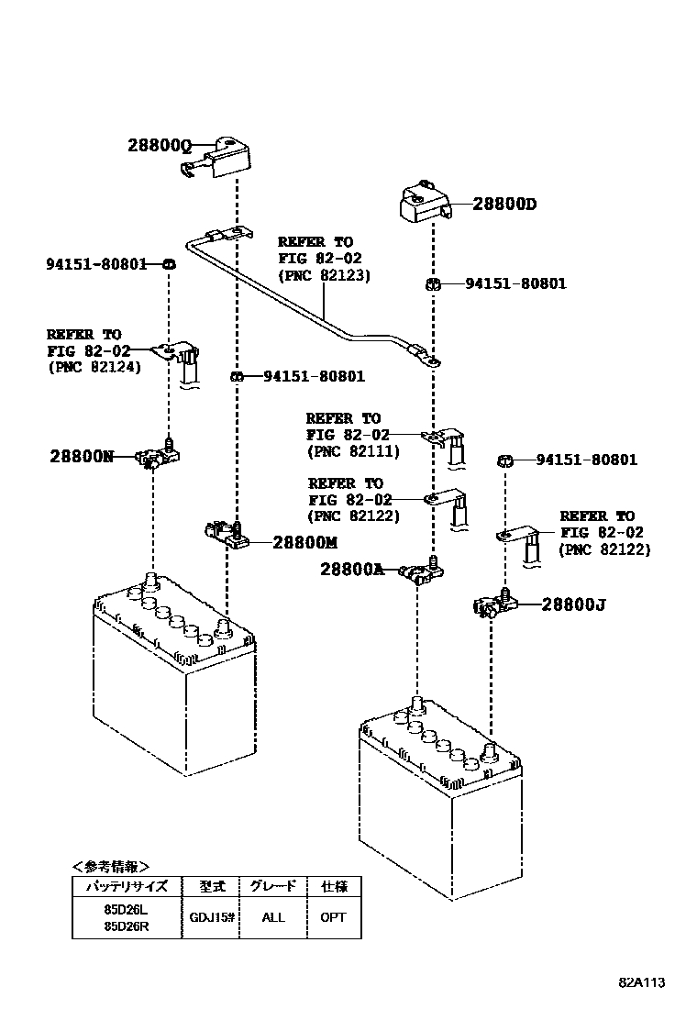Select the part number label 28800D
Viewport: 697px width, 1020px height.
pos(504,205)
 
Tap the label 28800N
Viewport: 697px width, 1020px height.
pos(82,457)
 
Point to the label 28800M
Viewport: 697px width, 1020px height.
pos(304,542)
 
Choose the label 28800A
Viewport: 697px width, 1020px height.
pos(352,570)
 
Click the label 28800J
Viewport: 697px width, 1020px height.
pos(573,605)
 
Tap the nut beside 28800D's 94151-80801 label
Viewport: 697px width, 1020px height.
pos(432,283)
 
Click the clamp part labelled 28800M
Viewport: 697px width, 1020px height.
pos(226,533)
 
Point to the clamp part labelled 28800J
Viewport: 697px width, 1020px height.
pos(495,603)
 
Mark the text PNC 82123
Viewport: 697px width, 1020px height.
pos(324,276)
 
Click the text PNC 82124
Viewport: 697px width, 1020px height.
pos(94,368)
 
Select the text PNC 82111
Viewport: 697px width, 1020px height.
pos(353,451)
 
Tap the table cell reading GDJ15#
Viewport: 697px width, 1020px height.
pos(211,918)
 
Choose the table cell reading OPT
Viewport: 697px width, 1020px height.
pos(333,918)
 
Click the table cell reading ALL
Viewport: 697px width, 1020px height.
pos(273,918)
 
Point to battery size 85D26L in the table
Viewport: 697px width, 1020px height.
pos(127,909)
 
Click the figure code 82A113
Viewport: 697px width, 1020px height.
pos(641,983)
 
